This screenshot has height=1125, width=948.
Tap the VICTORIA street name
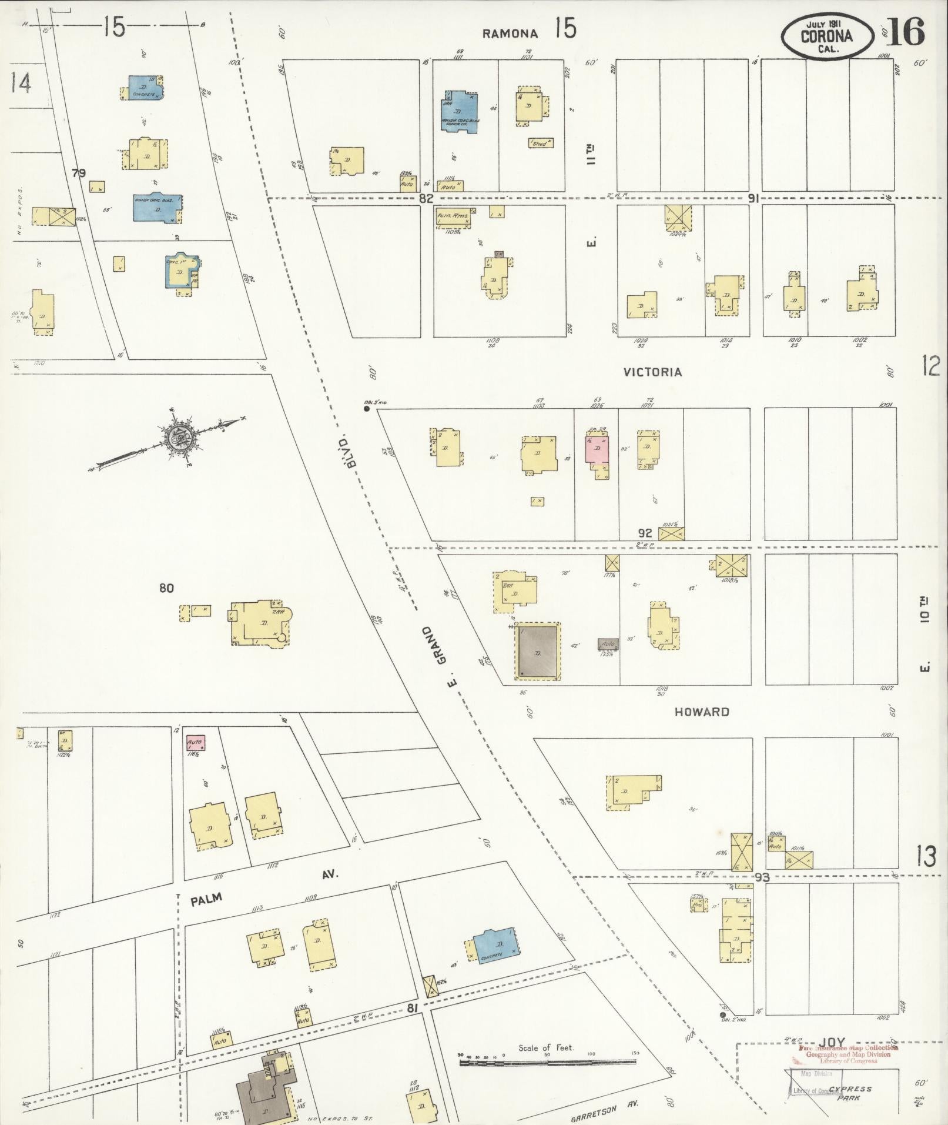(652, 372)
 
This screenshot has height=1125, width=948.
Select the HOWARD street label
(702, 712)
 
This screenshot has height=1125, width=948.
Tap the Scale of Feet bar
(547, 1061)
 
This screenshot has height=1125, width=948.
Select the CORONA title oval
(826, 35)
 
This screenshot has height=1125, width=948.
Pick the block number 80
(166, 588)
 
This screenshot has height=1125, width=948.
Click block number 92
(645, 533)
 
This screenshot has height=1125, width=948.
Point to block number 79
(79, 173)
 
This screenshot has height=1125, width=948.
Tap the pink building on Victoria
(597, 450)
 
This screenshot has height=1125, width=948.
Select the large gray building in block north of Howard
(538, 652)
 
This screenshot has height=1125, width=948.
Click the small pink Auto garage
(195, 743)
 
